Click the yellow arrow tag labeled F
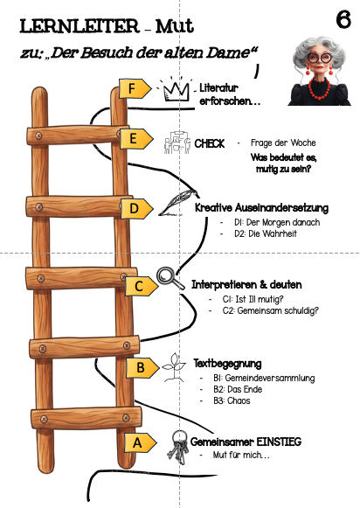[135, 88]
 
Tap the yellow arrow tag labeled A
[141, 442]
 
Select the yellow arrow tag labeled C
[142, 286]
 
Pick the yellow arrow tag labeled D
[137, 209]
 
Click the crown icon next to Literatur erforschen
[176, 90]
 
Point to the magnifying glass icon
[170, 278]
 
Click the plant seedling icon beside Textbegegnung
[175, 367]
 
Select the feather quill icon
[178, 203]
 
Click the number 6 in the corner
[343, 19]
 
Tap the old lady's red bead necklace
[319, 87]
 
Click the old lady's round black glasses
[320, 58]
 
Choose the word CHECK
[209, 143]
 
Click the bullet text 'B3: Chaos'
[232, 400]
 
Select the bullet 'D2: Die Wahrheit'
[266, 233]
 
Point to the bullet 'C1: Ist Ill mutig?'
[253, 299]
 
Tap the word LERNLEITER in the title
[80, 26]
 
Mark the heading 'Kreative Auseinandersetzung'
[261, 208]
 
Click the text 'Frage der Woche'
[283, 143]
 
